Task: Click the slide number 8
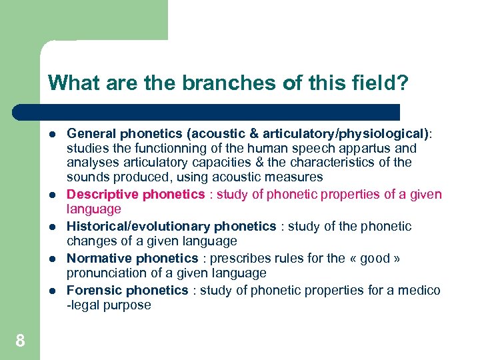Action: tap(20, 341)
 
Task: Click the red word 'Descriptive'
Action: tap(101, 195)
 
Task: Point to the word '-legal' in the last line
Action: tap(85, 306)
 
